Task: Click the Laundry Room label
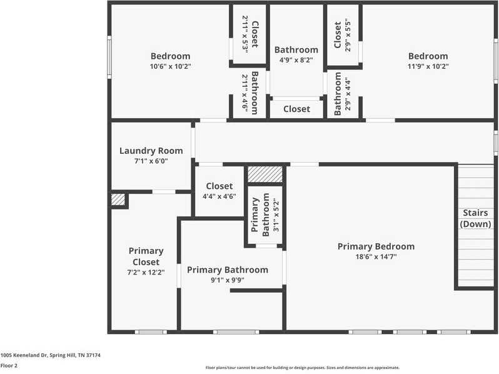click(151, 151)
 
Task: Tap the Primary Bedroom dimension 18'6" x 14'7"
click(376, 256)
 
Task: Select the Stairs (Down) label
click(475, 218)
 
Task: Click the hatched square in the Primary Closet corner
click(118, 200)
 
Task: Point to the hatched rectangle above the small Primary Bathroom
click(265, 174)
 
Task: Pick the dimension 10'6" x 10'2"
click(170, 66)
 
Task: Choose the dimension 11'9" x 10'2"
click(428, 66)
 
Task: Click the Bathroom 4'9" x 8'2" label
click(296, 49)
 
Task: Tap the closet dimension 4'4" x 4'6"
click(219, 196)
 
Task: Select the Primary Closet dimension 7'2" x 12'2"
click(146, 272)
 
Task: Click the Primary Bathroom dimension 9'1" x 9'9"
click(227, 280)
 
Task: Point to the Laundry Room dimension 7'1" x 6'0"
click(151, 161)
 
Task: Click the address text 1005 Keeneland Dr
click(24, 355)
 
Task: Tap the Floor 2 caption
click(9, 366)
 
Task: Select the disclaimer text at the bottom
click(302, 368)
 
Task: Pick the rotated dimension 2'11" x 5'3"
click(244, 34)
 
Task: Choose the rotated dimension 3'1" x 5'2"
click(276, 215)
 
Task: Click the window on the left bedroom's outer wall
click(109, 57)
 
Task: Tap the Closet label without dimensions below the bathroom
click(296, 109)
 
